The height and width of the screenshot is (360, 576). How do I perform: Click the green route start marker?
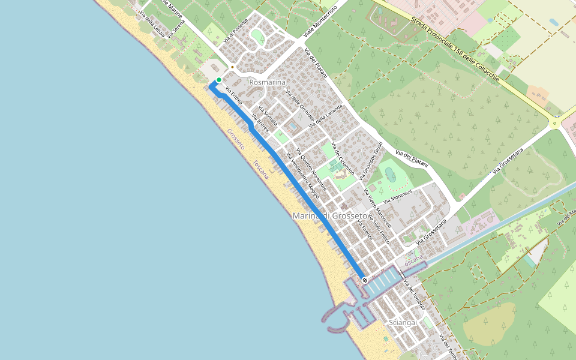click(x=219, y=80)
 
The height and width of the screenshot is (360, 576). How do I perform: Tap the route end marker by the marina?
click(x=364, y=280)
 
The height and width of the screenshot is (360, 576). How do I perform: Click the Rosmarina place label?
click(x=267, y=82)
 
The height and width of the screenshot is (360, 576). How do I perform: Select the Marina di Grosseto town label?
click(x=329, y=215)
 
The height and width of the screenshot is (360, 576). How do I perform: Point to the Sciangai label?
click(x=403, y=323)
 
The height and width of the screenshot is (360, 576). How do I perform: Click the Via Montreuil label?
click(x=397, y=196)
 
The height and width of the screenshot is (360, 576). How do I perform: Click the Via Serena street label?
click(x=176, y=30)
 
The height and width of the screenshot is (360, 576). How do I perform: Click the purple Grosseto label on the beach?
click(x=236, y=139)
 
